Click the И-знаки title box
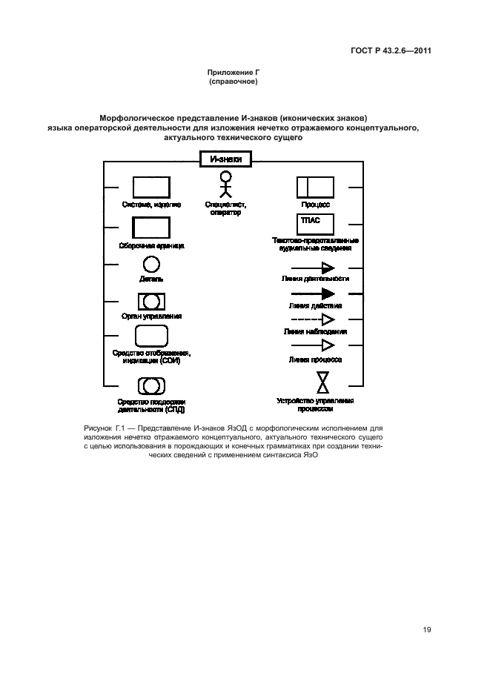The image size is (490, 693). coord(226,158)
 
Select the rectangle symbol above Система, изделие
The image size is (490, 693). coord(151,188)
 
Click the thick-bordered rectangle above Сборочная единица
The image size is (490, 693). coord(151,228)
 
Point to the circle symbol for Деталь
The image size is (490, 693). coord(151,265)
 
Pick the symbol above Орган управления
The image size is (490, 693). coord(151,302)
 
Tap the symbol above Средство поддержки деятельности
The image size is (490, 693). coord(151,385)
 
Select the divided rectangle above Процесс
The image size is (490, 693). coord(315,188)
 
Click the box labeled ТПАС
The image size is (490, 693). coord(315,224)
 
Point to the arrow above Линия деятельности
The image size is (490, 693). coord(314,268)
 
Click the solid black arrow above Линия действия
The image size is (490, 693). coord(314,294)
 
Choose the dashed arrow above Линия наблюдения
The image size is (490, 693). coord(314,319)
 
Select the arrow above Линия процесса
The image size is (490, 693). coord(314,345)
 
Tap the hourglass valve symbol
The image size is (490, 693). coord(323,382)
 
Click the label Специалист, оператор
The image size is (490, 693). coord(226,208)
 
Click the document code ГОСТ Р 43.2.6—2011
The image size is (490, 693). coord(391,50)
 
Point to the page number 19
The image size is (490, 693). coord(427,630)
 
